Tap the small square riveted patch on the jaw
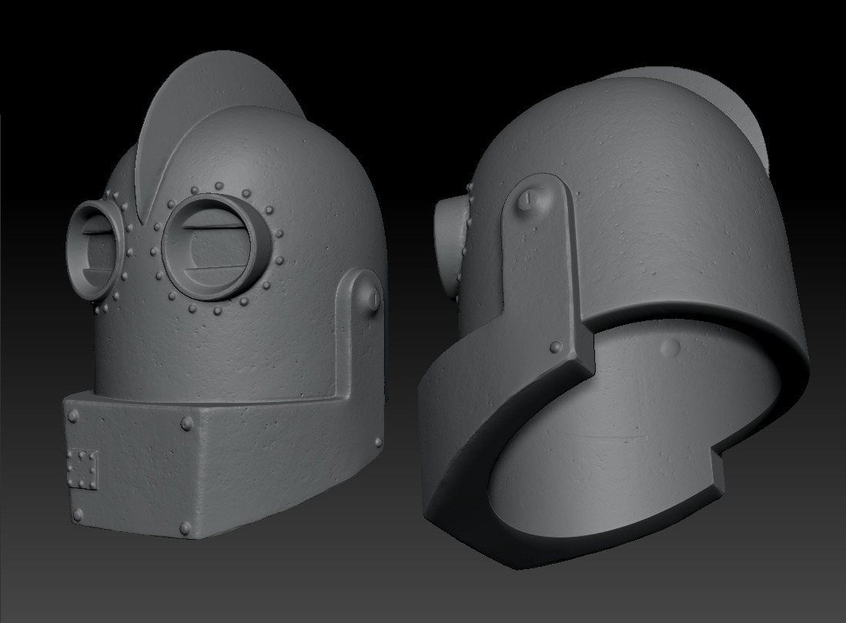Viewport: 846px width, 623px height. [x=82, y=468]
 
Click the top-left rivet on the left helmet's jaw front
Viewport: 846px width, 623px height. [x=74, y=417]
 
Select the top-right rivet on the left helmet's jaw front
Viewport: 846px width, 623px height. [x=187, y=423]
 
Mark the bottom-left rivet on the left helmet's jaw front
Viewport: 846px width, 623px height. [x=78, y=514]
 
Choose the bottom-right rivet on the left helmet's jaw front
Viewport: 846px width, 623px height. [x=186, y=528]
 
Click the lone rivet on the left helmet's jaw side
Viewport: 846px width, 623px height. [x=378, y=442]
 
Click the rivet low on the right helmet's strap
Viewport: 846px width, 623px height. [x=556, y=347]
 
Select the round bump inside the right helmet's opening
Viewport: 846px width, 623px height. [x=670, y=348]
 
